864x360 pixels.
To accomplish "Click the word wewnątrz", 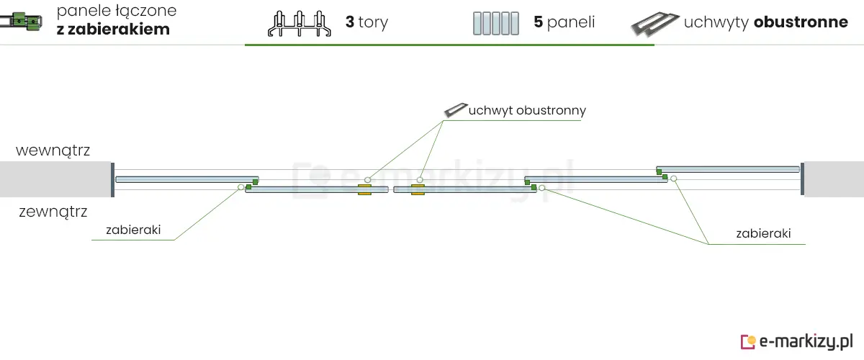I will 53,151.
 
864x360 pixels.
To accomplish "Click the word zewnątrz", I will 53,212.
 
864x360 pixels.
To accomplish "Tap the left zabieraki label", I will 132,231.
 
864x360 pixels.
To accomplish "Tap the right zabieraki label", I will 764,234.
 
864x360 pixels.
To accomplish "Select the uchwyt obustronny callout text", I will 527,111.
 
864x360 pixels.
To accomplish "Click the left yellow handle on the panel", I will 364,189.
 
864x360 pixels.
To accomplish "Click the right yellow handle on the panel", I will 417,189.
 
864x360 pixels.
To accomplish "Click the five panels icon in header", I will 496,23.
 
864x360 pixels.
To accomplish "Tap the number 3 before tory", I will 350,22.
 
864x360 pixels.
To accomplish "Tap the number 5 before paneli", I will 538,22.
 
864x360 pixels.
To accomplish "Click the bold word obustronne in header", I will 801,22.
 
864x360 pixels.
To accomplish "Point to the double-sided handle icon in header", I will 654,24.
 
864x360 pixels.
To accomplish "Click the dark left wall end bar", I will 112,179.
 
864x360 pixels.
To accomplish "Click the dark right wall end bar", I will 802,179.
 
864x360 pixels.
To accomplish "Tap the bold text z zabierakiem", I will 113,30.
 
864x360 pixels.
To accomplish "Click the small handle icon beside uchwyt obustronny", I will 456,110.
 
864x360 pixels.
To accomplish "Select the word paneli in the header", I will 571,22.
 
